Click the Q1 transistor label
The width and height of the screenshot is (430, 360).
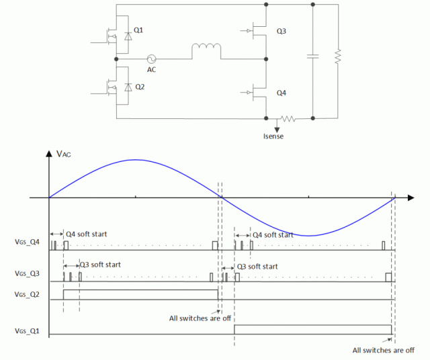point(138,30)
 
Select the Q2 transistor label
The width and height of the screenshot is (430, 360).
point(140,87)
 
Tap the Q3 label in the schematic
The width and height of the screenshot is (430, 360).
point(281,31)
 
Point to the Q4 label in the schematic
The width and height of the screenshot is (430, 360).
point(281,93)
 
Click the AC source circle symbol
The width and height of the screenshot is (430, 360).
point(151,59)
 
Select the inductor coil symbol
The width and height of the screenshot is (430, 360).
point(206,48)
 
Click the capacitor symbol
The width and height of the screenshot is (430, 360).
point(312,56)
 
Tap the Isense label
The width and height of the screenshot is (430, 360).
point(273,136)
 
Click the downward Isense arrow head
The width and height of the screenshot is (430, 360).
point(277,130)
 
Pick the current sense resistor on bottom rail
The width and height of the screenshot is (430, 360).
point(288,119)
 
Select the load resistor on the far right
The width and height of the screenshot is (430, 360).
point(338,56)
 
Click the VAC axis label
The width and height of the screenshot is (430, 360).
point(63,154)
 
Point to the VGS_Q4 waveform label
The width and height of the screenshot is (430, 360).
point(27,242)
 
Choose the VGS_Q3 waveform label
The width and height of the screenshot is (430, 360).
point(27,273)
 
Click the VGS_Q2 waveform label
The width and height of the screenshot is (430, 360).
point(27,294)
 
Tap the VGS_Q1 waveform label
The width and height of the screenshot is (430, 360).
point(27,331)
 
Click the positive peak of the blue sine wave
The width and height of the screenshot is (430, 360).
point(136,160)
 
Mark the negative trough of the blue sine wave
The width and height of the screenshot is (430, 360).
point(309,236)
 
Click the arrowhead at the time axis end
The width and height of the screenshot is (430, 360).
point(411,197)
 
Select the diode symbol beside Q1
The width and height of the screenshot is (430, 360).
point(128,36)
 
